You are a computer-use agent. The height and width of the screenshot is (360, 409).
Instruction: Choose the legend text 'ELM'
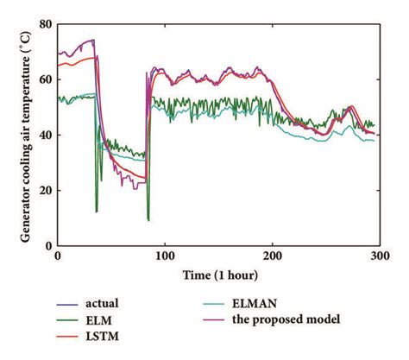[x=97, y=319]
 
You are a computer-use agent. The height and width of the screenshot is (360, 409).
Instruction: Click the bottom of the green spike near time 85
[x=148, y=220]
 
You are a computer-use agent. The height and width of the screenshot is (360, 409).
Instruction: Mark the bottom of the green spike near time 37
[x=97, y=212]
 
